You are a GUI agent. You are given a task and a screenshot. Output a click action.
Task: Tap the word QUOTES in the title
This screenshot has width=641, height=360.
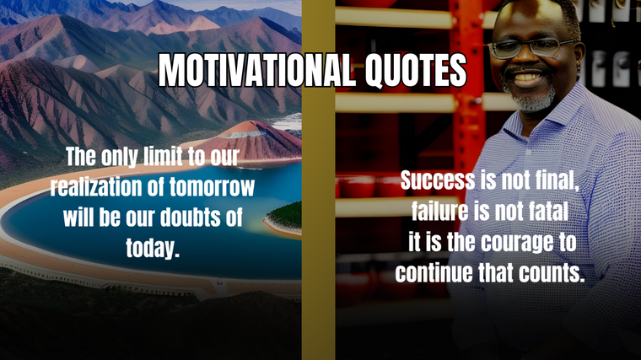(416, 71)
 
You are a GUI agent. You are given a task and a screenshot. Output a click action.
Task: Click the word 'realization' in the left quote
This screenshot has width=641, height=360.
(96, 186)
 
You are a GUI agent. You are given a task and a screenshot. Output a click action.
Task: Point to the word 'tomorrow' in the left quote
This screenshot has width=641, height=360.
(212, 186)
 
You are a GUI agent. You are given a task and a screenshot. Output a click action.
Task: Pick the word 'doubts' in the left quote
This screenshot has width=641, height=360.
(189, 217)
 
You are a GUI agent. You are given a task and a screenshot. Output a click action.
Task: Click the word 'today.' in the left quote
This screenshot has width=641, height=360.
(153, 248)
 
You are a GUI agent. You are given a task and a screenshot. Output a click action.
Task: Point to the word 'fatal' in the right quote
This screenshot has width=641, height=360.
(548, 212)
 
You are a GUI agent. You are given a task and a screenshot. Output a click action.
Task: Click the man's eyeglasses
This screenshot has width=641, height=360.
(531, 48)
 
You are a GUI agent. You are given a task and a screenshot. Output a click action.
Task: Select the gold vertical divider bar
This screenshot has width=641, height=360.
(319, 180)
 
